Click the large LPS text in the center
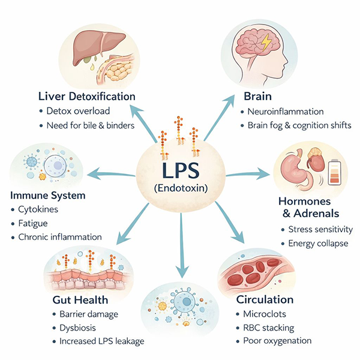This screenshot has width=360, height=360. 180,169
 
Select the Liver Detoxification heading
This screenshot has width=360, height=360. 86,96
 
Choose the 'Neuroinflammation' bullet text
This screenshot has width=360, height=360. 286,111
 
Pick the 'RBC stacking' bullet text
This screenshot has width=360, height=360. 266,327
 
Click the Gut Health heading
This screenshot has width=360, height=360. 81,299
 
